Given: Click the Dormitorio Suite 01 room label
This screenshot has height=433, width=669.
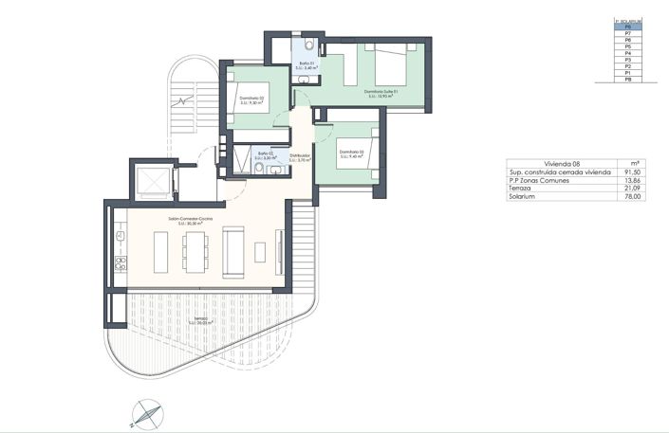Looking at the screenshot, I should [380, 92].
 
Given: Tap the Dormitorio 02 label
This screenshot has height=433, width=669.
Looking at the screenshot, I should [251, 99].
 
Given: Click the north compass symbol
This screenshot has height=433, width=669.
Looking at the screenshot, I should [146, 410].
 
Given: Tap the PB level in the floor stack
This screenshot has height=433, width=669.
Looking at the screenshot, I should [627, 80].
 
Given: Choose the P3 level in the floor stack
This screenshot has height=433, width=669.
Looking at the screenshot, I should [627, 59].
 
